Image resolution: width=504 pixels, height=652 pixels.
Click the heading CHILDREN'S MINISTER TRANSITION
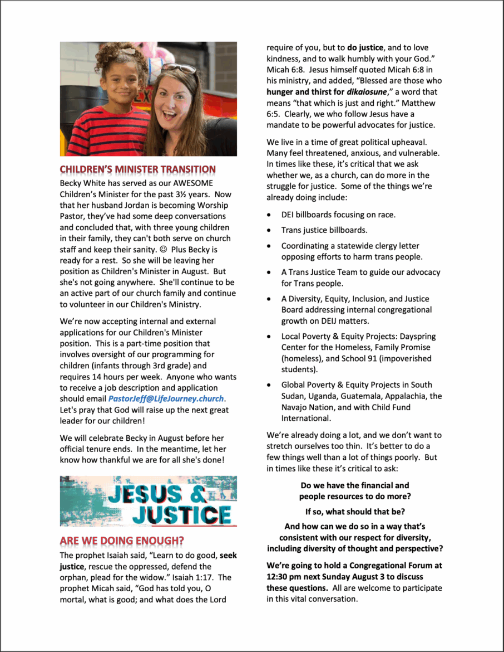[137, 169]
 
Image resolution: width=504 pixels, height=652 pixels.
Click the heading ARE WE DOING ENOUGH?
[122, 541]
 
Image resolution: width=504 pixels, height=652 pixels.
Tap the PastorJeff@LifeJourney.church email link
[166, 399]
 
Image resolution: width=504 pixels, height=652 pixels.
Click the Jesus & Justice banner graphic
[148, 501]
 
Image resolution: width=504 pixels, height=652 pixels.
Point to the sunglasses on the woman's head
[179, 69]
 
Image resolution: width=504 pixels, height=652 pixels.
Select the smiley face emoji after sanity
[158, 250]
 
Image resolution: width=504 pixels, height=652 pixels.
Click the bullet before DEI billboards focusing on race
[269, 215]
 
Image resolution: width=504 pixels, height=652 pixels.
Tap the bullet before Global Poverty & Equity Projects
[269, 385]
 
